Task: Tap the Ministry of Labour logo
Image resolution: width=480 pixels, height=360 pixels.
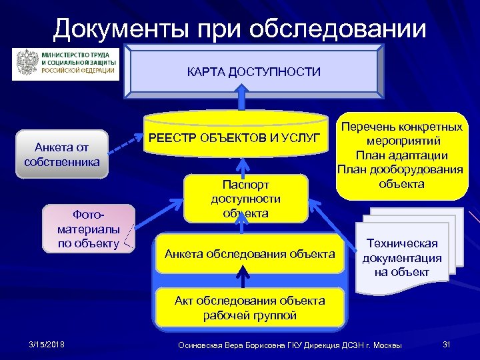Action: pos(66,63)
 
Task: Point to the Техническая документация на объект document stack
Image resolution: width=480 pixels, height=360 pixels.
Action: pos(402,257)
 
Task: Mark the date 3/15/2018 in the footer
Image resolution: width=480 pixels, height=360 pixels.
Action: pos(47,344)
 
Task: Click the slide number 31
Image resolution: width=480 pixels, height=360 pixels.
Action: pos(447,344)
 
